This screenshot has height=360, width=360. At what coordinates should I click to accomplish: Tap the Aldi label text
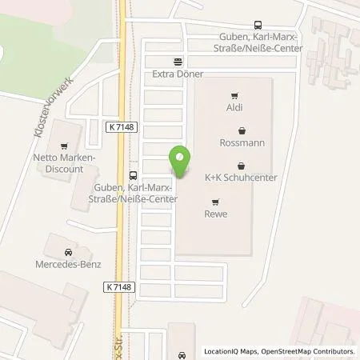[x=234, y=106]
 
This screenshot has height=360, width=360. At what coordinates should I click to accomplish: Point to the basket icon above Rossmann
[x=241, y=130]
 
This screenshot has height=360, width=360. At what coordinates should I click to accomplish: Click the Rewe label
[x=216, y=214]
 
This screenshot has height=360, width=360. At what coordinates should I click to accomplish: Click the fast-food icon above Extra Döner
[x=178, y=60]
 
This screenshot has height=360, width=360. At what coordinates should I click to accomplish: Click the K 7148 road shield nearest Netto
[x=119, y=126]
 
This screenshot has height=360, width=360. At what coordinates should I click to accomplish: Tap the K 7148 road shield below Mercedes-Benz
[x=118, y=286]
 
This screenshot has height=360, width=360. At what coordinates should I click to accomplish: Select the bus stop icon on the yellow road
[x=132, y=175]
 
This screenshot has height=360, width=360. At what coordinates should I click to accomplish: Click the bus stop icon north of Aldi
[x=257, y=25]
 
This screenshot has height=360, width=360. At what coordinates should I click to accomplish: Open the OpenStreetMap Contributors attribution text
[x=314, y=351]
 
